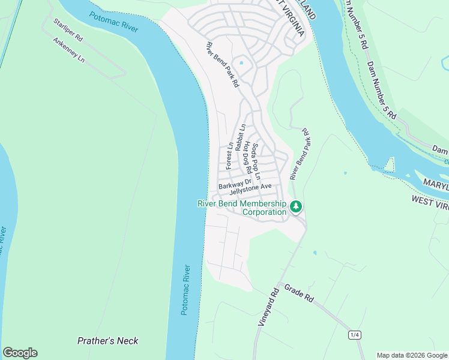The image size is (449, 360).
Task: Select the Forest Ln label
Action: tap(229, 155)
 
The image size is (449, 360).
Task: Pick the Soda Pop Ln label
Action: tap(256, 162)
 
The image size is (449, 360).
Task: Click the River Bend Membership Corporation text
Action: tap(242, 208)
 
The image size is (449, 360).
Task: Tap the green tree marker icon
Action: tap(295, 206)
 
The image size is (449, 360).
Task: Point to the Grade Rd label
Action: tap(299, 293)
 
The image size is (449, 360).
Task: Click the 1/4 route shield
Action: tap(354, 334)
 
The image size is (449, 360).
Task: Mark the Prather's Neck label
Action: tap(108, 341)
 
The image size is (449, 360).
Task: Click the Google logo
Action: tap(20, 353)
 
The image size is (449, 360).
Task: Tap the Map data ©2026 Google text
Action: tap(412, 355)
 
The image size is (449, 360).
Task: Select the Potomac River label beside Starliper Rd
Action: tap(114, 22)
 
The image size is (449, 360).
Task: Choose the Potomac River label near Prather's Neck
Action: tap(185, 290)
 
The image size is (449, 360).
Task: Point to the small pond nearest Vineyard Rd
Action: tap(315, 253)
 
